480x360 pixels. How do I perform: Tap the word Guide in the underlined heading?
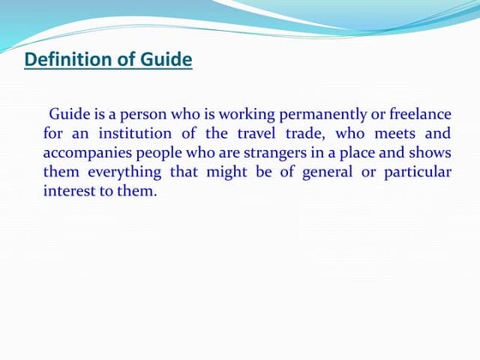pos(164,60)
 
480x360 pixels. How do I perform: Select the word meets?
pos(399,134)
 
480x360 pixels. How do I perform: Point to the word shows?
pos(430,153)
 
